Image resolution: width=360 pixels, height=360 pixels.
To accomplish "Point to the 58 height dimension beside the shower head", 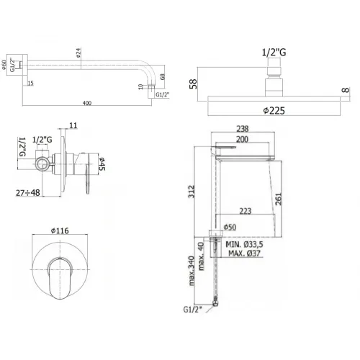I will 192,84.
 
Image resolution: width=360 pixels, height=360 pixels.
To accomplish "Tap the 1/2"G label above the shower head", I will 275,52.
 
